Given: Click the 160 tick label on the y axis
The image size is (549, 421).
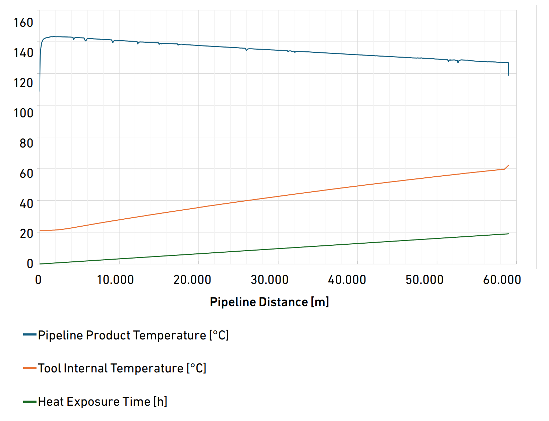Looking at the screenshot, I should pos(23,23).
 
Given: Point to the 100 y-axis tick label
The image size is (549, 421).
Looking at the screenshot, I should pos(23,113).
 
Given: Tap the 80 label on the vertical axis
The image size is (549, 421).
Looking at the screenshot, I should pos(26,143).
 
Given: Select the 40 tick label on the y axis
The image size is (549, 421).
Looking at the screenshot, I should pos(26,203).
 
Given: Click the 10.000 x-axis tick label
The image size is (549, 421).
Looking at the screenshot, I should pos(115,280).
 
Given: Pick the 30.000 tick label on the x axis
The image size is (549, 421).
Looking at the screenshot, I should pos(269,280).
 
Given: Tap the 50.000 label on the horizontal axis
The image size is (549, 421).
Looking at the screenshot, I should pos(424,280).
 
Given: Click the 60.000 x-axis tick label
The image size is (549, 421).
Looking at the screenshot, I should pos(502,280).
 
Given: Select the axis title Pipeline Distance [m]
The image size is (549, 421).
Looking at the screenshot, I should pos(269,302).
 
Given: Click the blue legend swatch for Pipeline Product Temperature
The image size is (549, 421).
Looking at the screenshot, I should pos(30,335).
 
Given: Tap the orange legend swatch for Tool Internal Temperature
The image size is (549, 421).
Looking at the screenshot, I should pos(30,368).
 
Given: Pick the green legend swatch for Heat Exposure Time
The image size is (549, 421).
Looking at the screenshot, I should pos(30,402).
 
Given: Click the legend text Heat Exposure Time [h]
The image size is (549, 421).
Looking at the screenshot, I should pos(103,402).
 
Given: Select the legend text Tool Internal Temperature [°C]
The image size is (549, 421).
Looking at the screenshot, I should pos(122,368).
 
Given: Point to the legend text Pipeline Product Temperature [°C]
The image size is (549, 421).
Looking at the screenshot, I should pos(133,335).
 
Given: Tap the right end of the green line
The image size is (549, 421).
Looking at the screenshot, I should pos(508,234).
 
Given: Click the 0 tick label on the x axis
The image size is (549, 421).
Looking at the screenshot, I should pos(38,280).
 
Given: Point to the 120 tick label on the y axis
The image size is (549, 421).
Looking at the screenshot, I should pos(23,83).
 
